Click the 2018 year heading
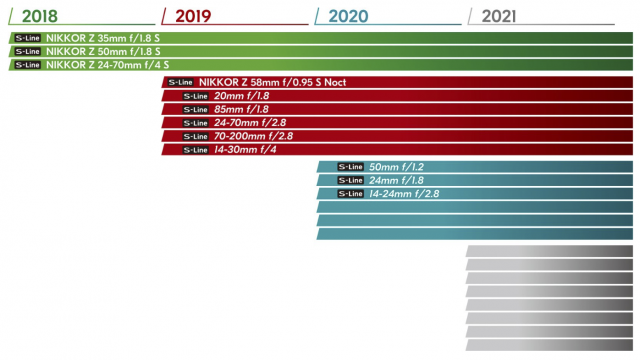click(x=40, y=16)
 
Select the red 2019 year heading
click(x=193, y=16)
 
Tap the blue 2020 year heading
click(x=348, y=16)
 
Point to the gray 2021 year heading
click(x=499, y=16)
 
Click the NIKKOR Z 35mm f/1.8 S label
click(x=102, y=38)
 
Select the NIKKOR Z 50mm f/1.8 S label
click(x=103, y=51)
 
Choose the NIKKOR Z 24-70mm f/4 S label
click(x=107, y=65)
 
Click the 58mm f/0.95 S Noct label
click(x=272, y=82)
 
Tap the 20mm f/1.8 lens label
click(x=242, y=96)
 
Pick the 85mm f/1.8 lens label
click(x=241, y=109)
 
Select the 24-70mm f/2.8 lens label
click(x=250, y=123)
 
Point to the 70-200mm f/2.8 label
click(x=253, y=136)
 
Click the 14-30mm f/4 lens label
click(x=245, y=150)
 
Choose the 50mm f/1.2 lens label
click(x=396, y=167)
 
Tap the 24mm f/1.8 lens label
click(x=396, y=180)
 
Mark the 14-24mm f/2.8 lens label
click(x=404, y=194)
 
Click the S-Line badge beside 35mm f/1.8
click(x=27, y=38)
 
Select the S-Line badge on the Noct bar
click(x=180, y=82)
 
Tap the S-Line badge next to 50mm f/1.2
click(x=351, y=167)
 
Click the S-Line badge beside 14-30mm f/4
click(x=196, y=150)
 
